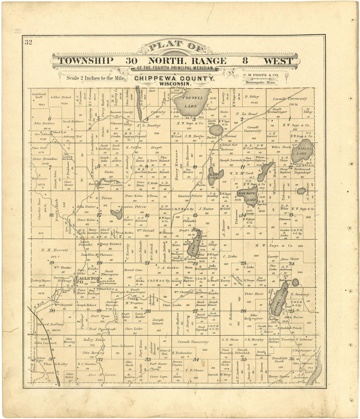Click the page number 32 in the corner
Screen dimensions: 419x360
click(x=28, y=42)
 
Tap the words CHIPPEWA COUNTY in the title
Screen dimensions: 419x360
click(x=174, y=79)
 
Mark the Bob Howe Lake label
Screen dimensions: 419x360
click(x=250, y=197)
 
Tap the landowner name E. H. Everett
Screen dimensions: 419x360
click(x=55, y=250)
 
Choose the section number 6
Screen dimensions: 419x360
click(x=50, y=119)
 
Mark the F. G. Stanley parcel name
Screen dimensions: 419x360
click(x=149, y=125)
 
